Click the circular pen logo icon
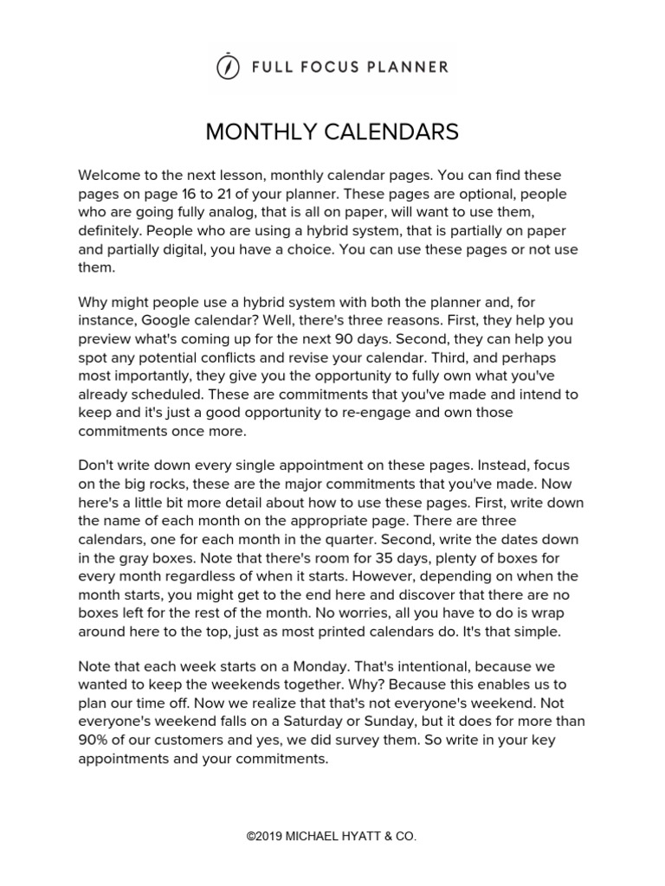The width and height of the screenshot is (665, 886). point(227,67)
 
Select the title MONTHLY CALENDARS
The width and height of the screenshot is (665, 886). point(332,132)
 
